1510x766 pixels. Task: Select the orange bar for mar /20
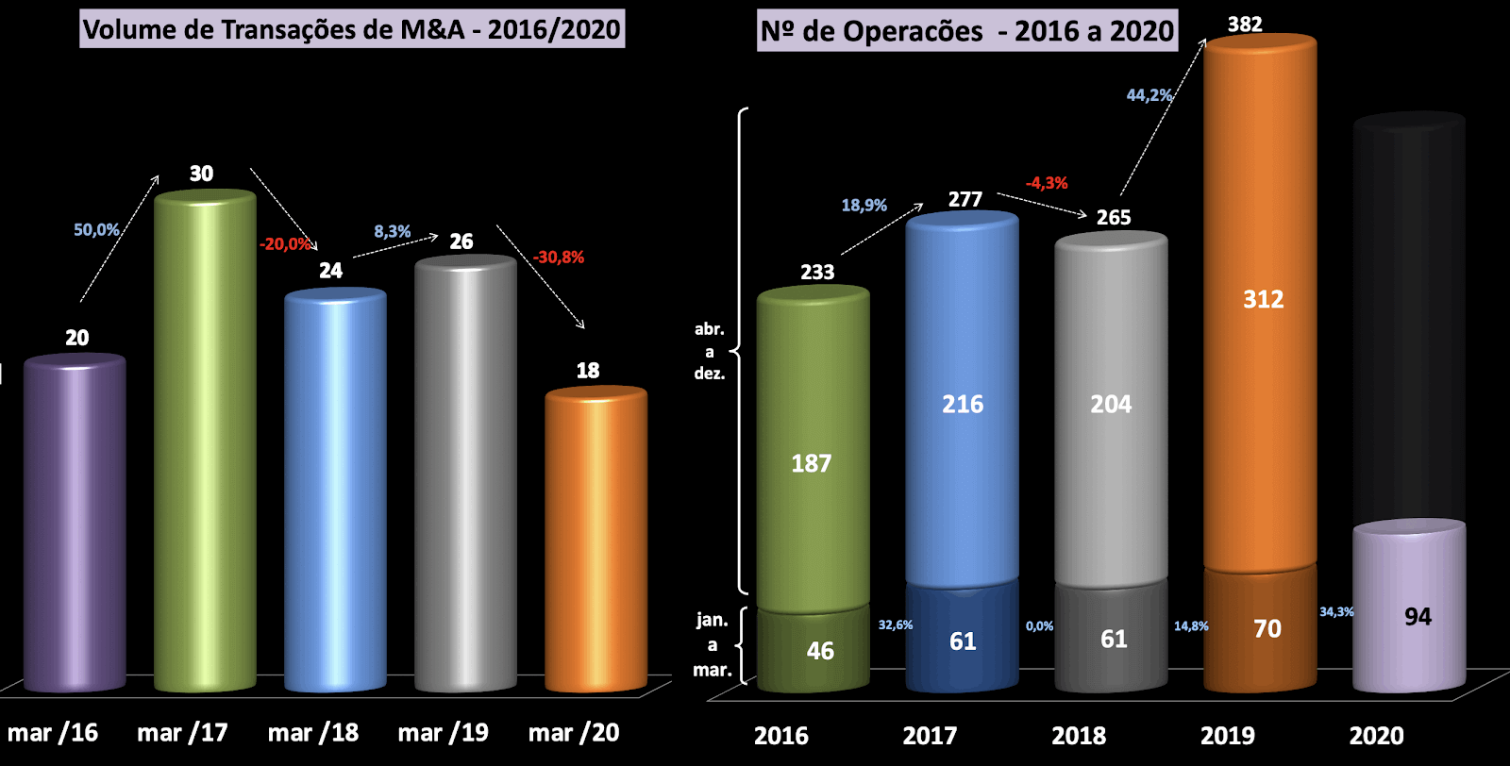[x=596, y=538]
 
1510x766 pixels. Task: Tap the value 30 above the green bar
[x=201, y=174]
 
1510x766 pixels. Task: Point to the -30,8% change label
[x=559, y=257]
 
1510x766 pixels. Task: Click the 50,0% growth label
[x=96, y=229]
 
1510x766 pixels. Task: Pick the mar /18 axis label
[x=313, y=733]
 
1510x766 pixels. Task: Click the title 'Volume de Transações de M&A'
[x=352, y=29]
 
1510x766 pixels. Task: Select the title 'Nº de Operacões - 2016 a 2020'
[x=967, y=31]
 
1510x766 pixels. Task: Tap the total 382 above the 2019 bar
[x=1245, y=24]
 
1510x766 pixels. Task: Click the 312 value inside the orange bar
[x=1263, y=300]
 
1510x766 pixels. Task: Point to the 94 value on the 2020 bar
[x=1418, y=617]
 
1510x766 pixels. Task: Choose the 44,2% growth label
[x=1149, y=95]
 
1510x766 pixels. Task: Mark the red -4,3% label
[x=1047, y=183]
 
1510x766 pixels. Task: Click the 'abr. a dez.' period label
[x=710, y=351]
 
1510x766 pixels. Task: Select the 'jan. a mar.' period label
[x=713, y=645]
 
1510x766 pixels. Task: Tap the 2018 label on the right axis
[x=1079, y=736]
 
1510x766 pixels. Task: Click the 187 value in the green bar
[x=812, y=463]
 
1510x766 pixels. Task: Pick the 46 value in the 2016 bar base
[x=820, y=651]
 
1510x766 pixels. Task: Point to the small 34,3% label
[x=1336, y=612]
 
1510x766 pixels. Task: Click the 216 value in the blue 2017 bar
[x=963, y=405]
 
